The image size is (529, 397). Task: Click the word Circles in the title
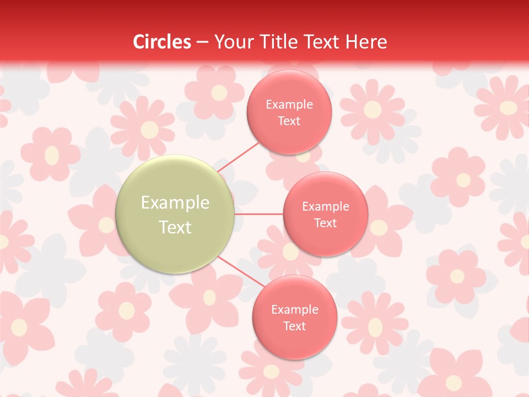point(162,42)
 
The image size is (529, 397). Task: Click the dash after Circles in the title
point(202,42)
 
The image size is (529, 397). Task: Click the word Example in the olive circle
point(175,203)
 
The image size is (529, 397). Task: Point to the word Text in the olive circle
point(175,227)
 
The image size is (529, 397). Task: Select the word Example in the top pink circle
point(289,105)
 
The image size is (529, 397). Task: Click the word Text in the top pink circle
point(289,121)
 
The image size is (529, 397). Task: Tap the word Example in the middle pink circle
point(326,207)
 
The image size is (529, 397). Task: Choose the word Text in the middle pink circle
point(326,223)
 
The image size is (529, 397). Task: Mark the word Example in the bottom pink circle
point(295,310)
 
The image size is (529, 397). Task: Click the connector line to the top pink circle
point(239,157)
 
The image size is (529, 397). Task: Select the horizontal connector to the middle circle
point(259,214)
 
